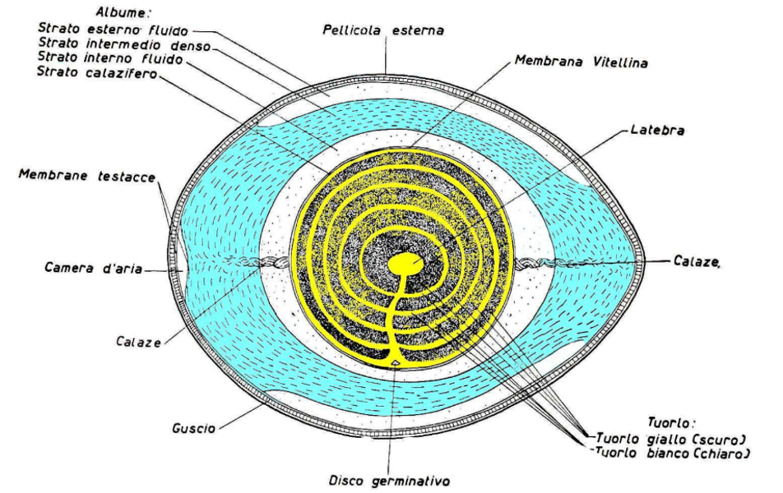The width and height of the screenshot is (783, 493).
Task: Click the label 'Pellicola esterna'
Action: tap(383, 30)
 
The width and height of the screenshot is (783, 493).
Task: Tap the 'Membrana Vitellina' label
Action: tap(581, 62)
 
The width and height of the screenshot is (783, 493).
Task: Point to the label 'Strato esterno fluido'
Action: tap(113, 29)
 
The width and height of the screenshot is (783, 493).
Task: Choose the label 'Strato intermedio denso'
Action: tap(124, 44)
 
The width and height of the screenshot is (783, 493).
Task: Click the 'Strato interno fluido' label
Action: tap(110, 58)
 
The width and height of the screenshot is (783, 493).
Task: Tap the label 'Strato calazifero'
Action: tap(97, 73)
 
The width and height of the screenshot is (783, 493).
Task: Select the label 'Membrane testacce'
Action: tap(87, 176)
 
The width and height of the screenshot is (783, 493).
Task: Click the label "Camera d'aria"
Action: tap(94, 268)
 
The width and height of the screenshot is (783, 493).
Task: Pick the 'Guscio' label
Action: tap(194, 428)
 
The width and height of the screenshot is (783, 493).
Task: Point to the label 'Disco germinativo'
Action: tap(389, 481)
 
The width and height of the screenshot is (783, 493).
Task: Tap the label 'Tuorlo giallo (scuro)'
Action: tap(670, 439)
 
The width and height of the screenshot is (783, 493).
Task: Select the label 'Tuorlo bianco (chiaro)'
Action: tap(670, 453)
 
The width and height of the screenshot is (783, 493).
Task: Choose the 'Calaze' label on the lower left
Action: tap(138, 342)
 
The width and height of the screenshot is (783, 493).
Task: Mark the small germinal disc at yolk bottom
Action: tap(396, 362)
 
